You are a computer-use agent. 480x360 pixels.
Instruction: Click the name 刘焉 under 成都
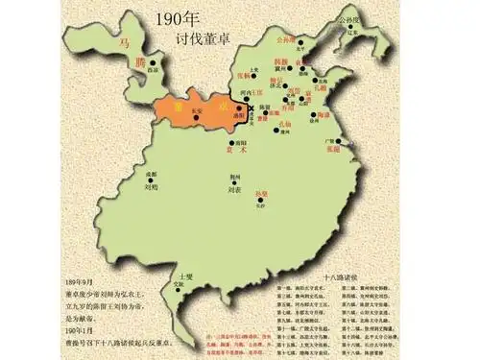click(x=151, y=190)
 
